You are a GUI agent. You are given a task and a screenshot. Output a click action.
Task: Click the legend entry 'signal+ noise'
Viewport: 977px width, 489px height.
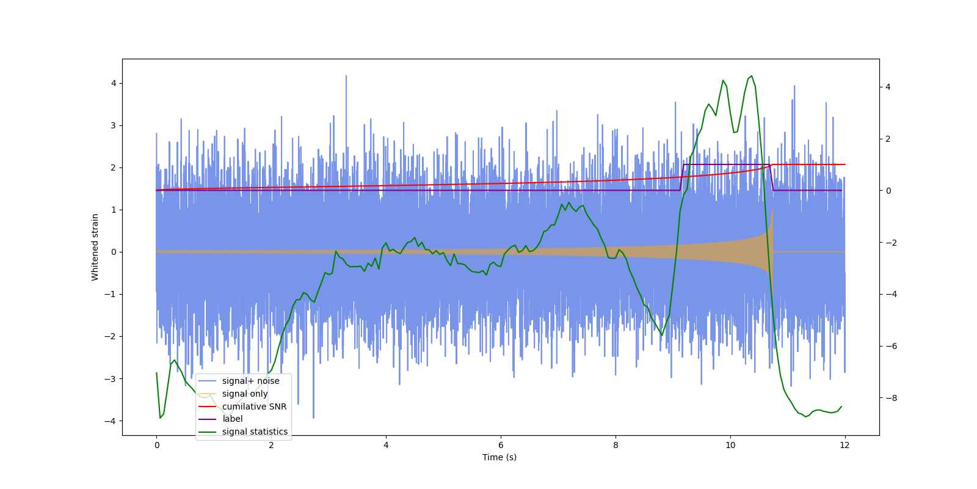pos(250,381)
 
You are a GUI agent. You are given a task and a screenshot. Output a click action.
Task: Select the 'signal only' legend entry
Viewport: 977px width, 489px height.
pos(245,394)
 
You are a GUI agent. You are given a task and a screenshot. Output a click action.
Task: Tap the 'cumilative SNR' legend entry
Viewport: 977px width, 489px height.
pos(254,406)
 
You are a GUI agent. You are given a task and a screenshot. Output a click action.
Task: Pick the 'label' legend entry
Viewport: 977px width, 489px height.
pos(232,419)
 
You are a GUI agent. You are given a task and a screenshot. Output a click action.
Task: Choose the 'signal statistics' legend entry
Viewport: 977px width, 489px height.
pos(255,432)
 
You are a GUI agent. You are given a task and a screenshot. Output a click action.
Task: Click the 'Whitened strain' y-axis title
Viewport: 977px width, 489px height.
pos(95,247)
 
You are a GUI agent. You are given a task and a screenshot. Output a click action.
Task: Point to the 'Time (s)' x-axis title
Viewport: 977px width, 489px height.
pos(499,457)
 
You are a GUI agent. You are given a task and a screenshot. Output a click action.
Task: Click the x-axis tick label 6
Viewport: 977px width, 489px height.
pos(501,445)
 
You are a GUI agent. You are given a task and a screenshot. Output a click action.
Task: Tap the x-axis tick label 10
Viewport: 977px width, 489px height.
pos(730,445)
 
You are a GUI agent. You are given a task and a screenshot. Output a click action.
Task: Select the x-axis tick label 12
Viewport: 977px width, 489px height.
pos(845,445)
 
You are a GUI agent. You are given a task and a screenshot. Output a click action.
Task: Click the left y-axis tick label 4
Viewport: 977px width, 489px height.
pos(114,83)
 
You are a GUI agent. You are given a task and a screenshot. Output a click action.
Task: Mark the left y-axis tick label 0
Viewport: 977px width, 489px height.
pos(114,252)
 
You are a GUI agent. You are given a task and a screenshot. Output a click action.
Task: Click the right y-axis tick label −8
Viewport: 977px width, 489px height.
pos(890,398)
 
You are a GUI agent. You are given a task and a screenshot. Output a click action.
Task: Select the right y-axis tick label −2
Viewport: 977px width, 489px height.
pos(890,243)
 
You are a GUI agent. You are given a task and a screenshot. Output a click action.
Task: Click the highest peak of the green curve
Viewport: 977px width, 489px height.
pos(751,76)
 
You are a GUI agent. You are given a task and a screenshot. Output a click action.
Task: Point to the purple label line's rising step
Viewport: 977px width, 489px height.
pos(681,177)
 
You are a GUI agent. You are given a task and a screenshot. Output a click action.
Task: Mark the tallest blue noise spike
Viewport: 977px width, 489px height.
pos(346,76)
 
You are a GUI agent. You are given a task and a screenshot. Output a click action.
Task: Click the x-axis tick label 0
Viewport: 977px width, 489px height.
pos(156,445)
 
